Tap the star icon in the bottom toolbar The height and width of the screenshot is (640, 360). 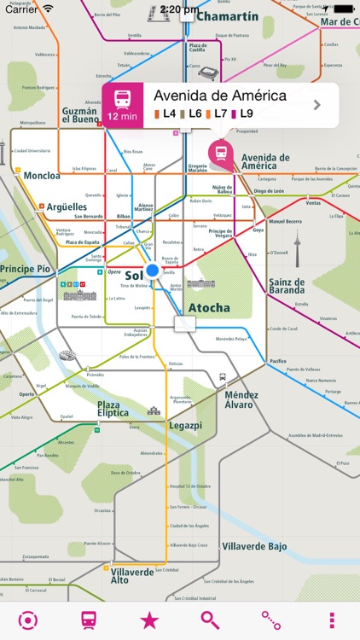[x=149, y=620]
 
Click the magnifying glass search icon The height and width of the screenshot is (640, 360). [x=210, y=620]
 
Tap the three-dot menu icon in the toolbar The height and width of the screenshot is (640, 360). [x=332, y=620]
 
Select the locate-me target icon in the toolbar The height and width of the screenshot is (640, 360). [x=28, y=620]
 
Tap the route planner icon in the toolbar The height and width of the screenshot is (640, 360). [x=271, y=620]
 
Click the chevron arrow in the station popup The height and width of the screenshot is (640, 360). [x=317, y=105]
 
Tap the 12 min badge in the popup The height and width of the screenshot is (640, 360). [x=123, y=105]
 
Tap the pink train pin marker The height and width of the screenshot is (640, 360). [x=221, y=152]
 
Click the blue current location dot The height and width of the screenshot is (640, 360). [x=153, y=271]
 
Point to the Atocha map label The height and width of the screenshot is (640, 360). [x=209, y=307]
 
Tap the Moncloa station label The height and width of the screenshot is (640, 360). [x=42, y=175]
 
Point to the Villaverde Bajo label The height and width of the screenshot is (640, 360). [x=254, y=546]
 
